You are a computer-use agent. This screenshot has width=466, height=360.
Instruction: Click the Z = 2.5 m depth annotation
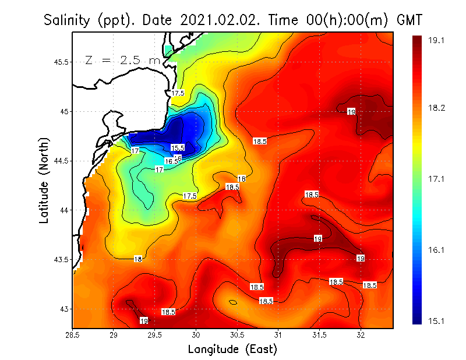point(122,60)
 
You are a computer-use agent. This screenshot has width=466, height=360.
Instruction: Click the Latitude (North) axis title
point(44,181)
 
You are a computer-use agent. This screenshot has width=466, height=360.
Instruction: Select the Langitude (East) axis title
point(232,350)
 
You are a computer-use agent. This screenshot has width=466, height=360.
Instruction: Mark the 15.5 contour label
point(178,148)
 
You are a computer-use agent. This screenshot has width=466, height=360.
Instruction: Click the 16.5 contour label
point(171,161)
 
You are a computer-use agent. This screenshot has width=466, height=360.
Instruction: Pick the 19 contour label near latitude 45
point(351,111)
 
